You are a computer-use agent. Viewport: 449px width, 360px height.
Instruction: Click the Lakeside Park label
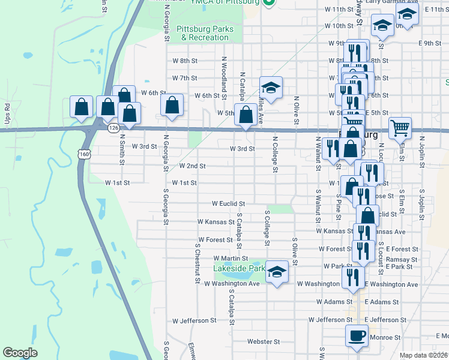tap(239, 269)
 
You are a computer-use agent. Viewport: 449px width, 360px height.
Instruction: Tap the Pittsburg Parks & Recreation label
tap(206, 33)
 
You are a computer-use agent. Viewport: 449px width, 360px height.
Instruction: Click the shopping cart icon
tap(399, 127)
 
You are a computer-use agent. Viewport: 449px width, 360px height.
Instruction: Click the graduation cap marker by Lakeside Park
tap(277, 272)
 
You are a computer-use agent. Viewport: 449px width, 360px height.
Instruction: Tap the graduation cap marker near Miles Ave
tap(271, 88)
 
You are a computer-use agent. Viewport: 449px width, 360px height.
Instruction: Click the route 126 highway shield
tap(113, 128)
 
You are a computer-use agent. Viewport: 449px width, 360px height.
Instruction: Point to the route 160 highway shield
tap(84, 154)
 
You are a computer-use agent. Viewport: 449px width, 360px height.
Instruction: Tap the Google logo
tap(20, 353)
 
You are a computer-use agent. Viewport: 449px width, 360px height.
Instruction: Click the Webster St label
tap(264, 342)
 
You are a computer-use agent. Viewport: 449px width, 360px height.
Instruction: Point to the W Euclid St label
tap(228, 204)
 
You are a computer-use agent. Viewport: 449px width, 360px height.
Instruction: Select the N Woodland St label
tap(224, 79)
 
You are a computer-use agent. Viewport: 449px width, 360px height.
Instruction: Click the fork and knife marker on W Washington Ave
tap(352, 277)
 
